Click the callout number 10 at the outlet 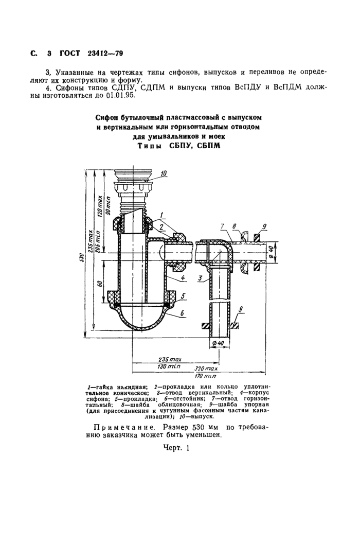coord(163,174)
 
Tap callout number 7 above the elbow coord(222,226)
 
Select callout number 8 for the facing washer coord(235,226)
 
